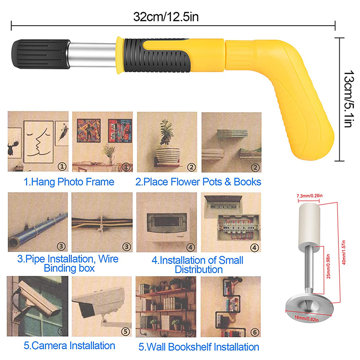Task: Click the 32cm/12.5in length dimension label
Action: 166,17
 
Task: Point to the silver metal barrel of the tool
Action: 93,53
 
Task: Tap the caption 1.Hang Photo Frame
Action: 69,182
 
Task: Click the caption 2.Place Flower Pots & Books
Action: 198,182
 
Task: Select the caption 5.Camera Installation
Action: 69,346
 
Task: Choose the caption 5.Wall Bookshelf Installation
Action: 198,347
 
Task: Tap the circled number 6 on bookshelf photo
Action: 255,332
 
